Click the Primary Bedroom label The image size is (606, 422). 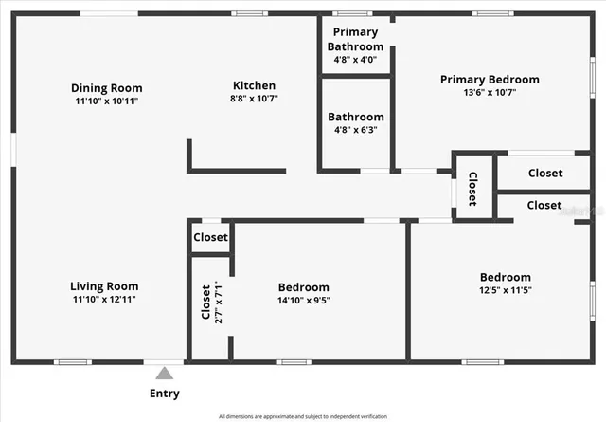pyautogui.click(x=490, y=80)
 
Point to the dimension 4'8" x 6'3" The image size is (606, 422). pyautogui.click(x=355, y=130)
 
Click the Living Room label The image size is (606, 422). pyautogui.click(x=104, y=286)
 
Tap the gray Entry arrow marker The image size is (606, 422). pyautogui.click(x=165, y=374)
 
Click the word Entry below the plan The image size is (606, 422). pyautogui.click(x=164, y=394)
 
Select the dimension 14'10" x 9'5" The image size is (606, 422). pyautogui.click(x=303, y=301)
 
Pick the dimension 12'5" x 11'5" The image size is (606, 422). pyautogui.click(x=506, y=290)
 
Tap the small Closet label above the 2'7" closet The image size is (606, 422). pyautogui.click(x=210, y=238)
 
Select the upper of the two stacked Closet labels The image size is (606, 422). pyautogui.click(x=544, y=174)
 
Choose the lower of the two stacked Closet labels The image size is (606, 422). pyautogui.click(x=544, y=205)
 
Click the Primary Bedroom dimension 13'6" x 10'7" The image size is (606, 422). pyautogui.click(x=490, y=93)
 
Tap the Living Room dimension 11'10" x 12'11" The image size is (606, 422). pyautogui.click(x=104, y=300)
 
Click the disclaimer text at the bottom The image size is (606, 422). pyautogui.click(x=302, y=416)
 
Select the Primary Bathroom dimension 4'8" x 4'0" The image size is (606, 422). pyautogui.click(x=355, y=59)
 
